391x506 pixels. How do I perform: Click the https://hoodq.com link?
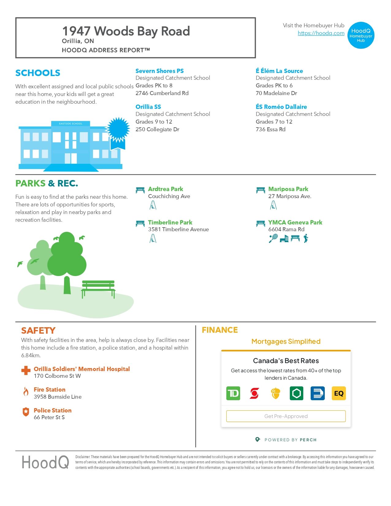321,33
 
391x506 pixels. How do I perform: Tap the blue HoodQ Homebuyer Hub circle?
361,35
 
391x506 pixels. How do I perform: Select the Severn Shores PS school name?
159,71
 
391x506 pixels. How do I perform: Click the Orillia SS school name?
148,107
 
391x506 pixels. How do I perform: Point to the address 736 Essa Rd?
270,129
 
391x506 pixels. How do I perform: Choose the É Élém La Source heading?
279,71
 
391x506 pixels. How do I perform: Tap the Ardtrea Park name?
165,189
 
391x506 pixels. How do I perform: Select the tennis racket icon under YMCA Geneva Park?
273,238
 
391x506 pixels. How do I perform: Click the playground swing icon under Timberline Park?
153,238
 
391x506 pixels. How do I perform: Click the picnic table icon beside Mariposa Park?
260,190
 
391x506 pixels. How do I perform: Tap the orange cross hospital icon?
26,370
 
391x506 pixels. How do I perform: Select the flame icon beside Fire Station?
26,392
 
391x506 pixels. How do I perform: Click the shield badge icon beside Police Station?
26,412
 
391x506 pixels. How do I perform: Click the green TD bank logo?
233,393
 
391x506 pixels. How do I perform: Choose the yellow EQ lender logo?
339,393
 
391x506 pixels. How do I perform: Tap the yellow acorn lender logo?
275,393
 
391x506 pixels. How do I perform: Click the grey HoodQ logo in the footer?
45,462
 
